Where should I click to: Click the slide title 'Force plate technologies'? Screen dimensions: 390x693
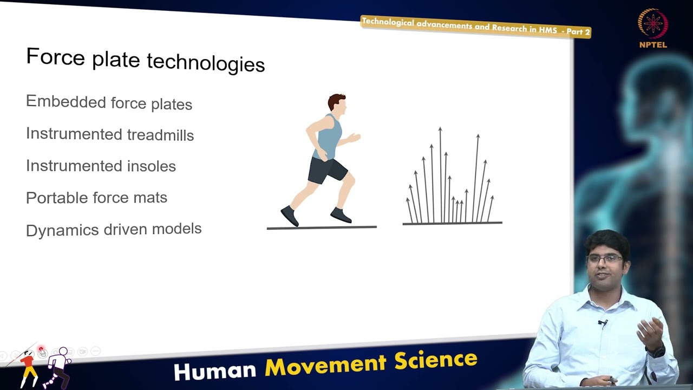[x=145, y=60]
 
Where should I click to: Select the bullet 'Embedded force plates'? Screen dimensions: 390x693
[x=109, y=102]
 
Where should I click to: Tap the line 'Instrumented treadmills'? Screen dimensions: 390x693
[x=110, y=134]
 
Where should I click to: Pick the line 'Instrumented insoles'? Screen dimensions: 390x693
[x=101, y=166]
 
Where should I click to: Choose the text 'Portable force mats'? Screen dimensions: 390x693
[x=96, y=198]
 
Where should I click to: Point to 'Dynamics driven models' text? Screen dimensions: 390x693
[x=114, y=229]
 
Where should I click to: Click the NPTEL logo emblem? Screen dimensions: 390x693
[x=653, y=24]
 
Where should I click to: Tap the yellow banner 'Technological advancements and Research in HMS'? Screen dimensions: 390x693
[x=475, y=27]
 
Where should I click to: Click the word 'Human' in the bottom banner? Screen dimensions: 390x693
[x=214, y=370]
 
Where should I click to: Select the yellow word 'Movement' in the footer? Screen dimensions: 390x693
[x=326, y=365]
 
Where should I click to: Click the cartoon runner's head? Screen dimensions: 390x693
[x=337, y=104]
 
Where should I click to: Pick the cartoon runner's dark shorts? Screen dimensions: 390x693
[x=326, y=170]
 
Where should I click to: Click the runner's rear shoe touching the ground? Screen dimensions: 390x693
[x=290, y=216]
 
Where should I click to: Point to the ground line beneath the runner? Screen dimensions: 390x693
[x=322, y=227]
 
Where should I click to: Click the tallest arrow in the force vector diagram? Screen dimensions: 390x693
[x=440, y=173]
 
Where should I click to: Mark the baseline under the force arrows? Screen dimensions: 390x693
[x=452, y=223]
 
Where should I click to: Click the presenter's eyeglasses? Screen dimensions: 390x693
[x=605, y=259]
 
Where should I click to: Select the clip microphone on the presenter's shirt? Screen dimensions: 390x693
[x=602, y=323]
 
